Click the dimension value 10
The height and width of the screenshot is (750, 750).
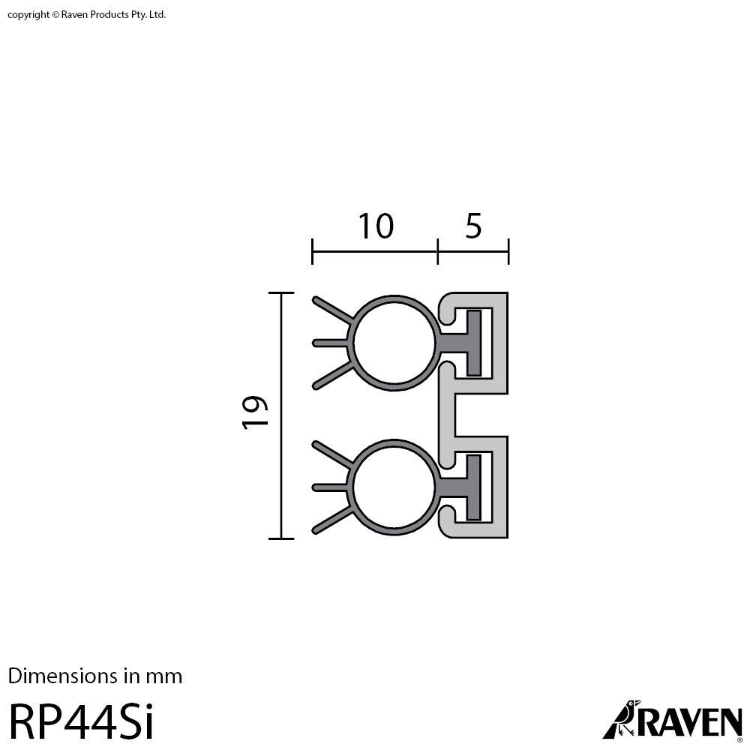click(375, 226)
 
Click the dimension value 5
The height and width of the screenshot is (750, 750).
click(473, 226)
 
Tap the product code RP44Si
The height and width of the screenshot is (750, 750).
click(81, 722)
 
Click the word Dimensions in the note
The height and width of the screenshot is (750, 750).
click(62, 676)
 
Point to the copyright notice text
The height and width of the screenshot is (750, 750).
click(87, 14)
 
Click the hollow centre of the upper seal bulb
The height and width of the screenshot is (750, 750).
click(394, 343)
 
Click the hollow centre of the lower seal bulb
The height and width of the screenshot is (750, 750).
click(394, 487)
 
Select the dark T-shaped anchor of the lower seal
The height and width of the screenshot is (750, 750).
click(473, 487)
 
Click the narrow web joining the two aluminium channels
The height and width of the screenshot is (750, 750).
click(446, 414)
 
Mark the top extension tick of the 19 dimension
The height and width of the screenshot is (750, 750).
click(281, 293)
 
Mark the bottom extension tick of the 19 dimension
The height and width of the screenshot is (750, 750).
click(281, 538)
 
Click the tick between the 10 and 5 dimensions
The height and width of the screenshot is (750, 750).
click(438, 251)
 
